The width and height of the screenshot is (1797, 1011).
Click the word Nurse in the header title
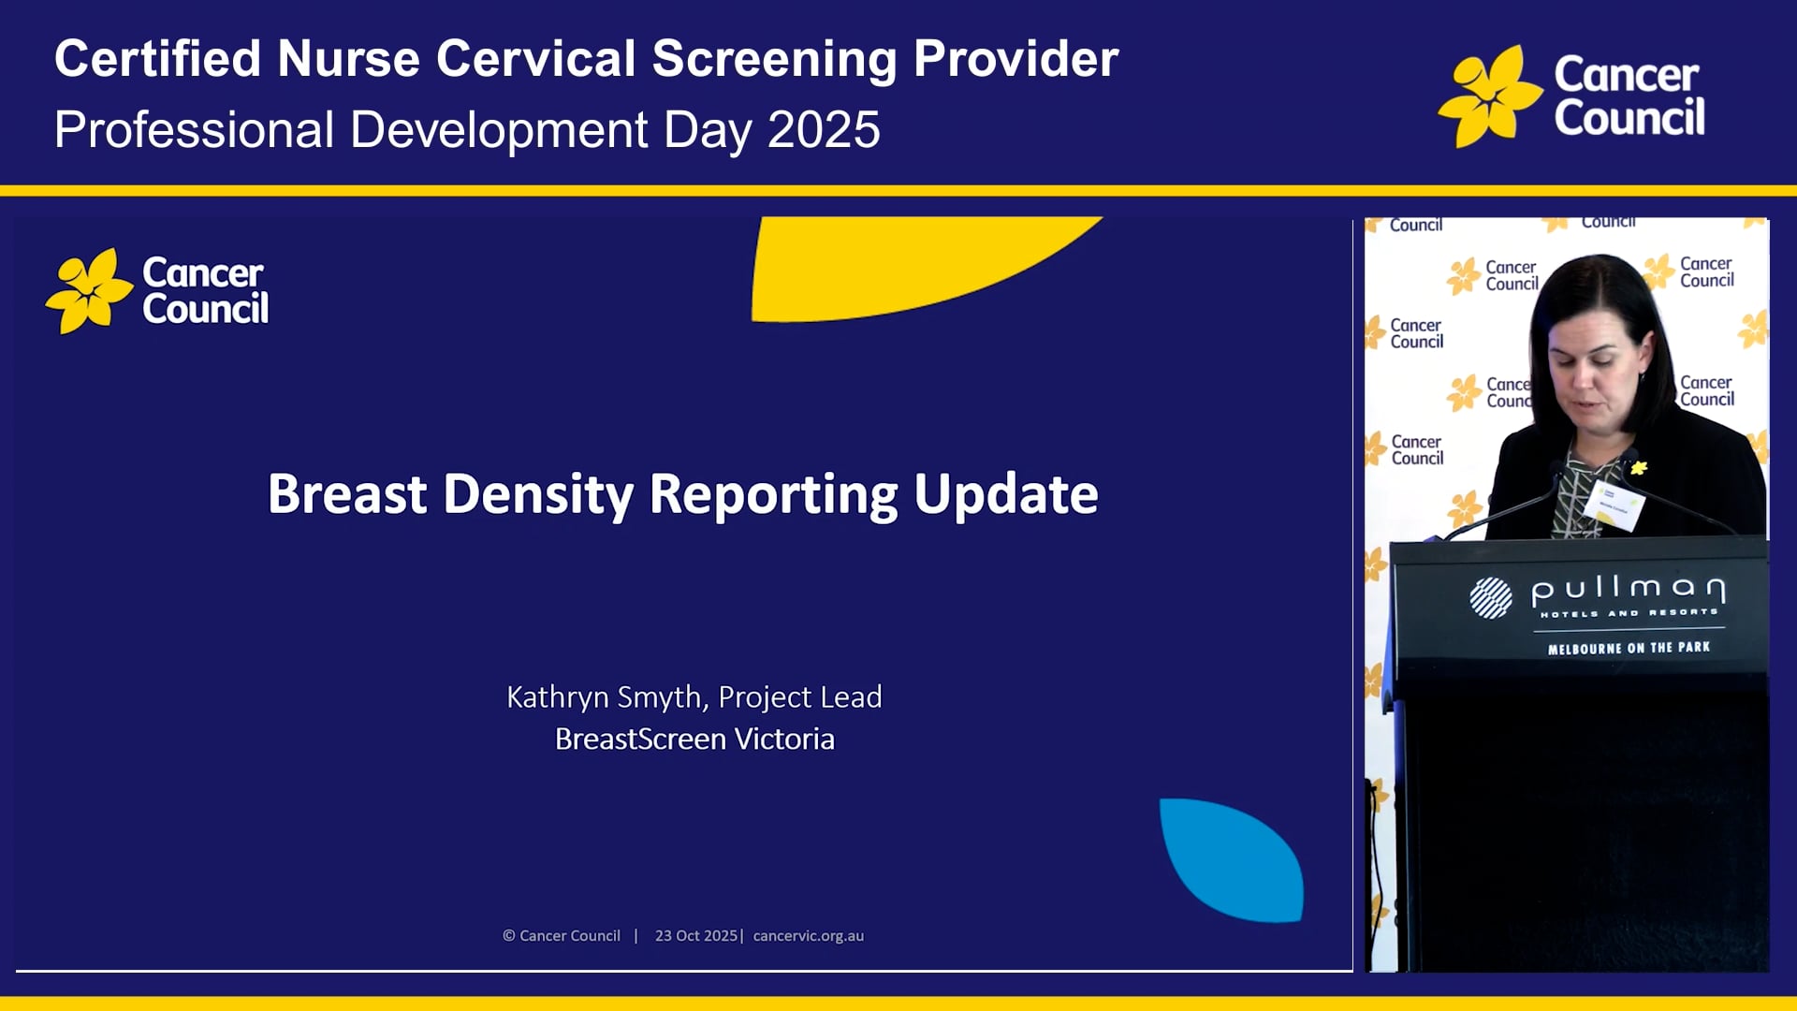(x=347, y=59)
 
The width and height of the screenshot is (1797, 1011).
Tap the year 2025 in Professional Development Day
(x=824, y=130)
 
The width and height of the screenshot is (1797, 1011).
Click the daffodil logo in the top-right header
(x=1489, y=96)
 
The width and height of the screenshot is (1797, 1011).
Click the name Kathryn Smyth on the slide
(x=604, y=697)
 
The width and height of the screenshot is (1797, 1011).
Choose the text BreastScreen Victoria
(x=694, y=740)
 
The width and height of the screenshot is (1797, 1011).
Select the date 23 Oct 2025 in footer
(x=696, y=936)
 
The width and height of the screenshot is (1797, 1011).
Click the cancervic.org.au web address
(x=809, y=936)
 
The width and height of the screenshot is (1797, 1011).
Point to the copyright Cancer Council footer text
(x=562, y=936)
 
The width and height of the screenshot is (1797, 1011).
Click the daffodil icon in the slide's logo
(x=89, y=291)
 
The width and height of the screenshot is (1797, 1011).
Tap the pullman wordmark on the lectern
(x=1628, y=590)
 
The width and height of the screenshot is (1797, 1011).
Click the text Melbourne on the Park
(x=1629, y=648)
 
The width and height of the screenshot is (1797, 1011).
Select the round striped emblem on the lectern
(x=1490, y=597)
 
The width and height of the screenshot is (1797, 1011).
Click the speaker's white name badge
(x=1614, y=506)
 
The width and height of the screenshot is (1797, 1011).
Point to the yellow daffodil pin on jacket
(x=1638, y=467)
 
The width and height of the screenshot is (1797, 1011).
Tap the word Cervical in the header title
(x=535, y=59)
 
